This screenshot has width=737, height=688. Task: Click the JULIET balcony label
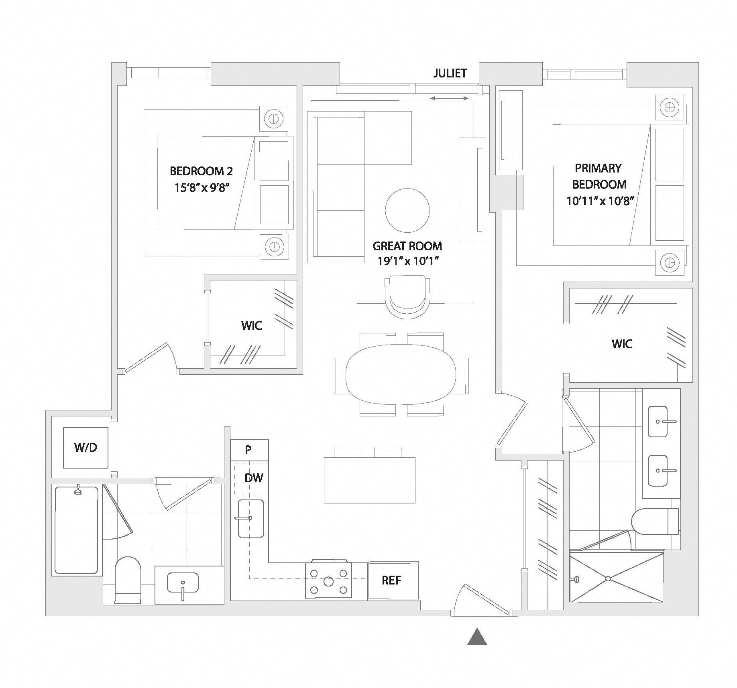pos(450,73)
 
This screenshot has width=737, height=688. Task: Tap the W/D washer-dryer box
pos(86,447)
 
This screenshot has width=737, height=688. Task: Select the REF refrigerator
pos(391,580)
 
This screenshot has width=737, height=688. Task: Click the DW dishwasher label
pos(254,478)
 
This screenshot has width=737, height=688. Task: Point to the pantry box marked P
pos(249,450)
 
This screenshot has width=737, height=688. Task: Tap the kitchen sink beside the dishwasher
pos(250,518)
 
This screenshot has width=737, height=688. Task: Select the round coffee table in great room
pos(407,210)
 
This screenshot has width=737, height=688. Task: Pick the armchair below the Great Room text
pos(407,296)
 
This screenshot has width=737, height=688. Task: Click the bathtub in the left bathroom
pos(76,530)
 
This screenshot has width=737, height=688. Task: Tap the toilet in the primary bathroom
pos(654,522)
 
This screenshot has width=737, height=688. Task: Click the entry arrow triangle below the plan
pos(477,637)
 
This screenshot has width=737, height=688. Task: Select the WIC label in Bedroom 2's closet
pos(252,325)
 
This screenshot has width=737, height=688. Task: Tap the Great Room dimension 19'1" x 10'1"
pos(407,261)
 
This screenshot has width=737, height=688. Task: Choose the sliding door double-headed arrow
pos(449,98)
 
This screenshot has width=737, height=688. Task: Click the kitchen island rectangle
pos(369,480)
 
